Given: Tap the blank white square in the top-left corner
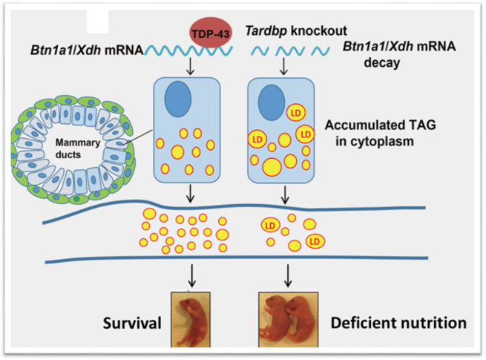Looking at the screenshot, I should tap(99, 20).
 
